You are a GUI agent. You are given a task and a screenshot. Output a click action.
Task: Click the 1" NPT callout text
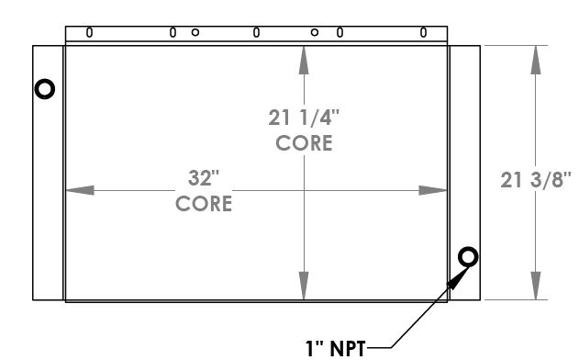pyautogui.click(x=335, y=349)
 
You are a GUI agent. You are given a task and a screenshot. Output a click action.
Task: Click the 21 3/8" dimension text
pyautogui.click(x=536, y=180)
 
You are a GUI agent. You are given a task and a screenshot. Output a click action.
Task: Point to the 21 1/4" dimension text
pyautogui.click(x=304, y=118)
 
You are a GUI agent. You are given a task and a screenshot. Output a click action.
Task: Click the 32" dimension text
pyautogui.click(x=204, y=178)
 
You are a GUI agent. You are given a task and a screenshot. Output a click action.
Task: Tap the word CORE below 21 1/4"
pyautogui.click(x=304, y=143)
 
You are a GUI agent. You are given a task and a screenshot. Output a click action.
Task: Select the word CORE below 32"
pyautogui.click(x=204, y=204)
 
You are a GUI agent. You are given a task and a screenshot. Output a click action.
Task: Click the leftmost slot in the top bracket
pyautogui.click(x=89, y=32)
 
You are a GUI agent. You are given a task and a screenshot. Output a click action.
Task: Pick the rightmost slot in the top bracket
pyautogui.click(x=424, y=32)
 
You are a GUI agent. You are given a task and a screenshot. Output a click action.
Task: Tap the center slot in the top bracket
pyautogui.click(x=256, y=32)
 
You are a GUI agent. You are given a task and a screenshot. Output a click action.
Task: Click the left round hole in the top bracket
pyautogui.click(x=195, y=32)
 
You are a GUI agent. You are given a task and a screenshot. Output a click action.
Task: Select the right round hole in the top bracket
pyautogui.click(x=315, y=32)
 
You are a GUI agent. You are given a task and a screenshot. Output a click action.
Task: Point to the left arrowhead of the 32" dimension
pyautogui.click(x=80, y=190)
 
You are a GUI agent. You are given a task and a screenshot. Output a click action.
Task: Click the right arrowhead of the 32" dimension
pyautogui.click(x=433, y=190)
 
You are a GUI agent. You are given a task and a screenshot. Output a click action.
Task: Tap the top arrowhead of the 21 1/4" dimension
pyautogui.click(x=304, y=61)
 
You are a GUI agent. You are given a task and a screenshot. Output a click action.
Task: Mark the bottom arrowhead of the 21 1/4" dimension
pyautogui.click(x=304, y=286)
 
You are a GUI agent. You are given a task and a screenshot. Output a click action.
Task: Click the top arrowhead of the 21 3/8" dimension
pyautogui.click(x=536, y=61)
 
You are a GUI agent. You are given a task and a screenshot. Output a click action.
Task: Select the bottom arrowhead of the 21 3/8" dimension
pyautogui.click(x=536, y=286)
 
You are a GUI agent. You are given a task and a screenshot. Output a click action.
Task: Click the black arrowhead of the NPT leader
pyautogui.click(x=458, y=278)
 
